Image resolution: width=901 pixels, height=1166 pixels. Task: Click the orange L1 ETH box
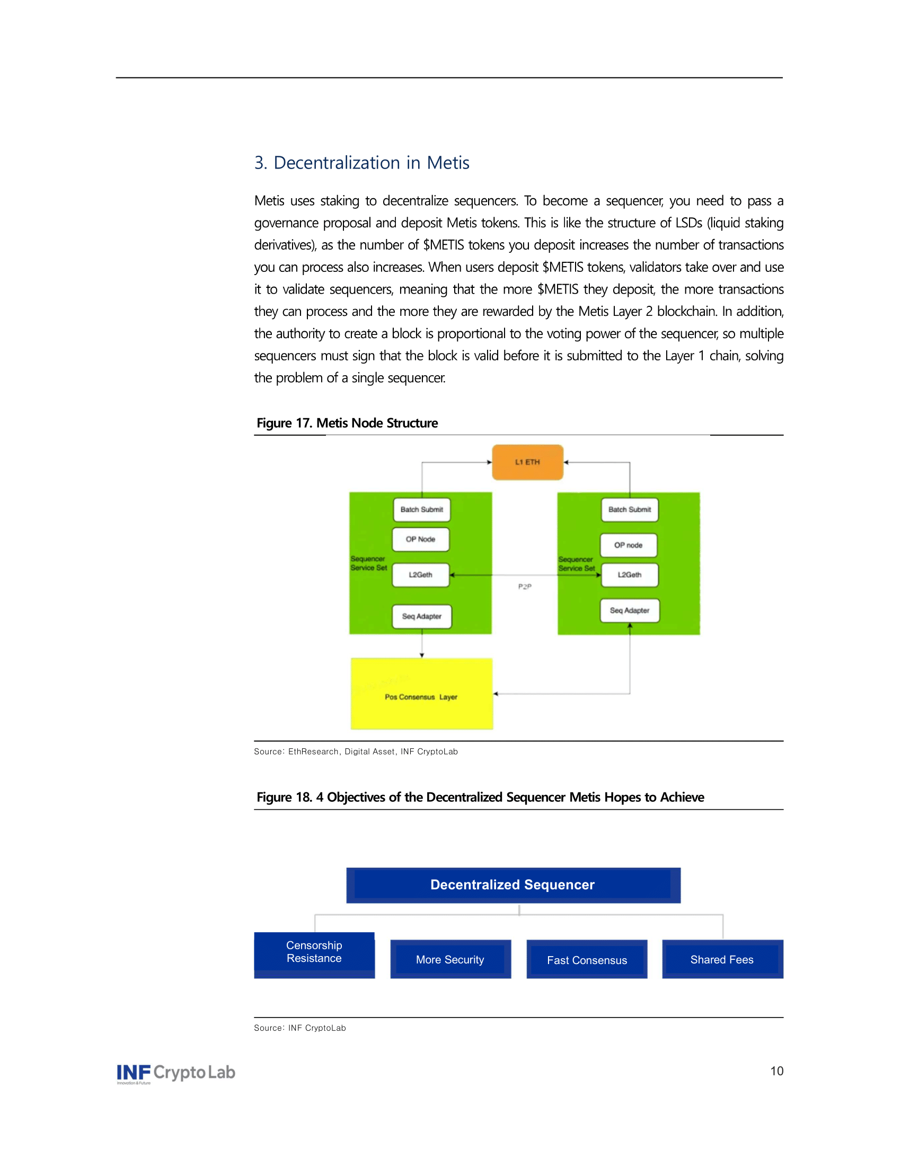[527, 462]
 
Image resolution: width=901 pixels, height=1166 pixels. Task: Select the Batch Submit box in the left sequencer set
[422, 509]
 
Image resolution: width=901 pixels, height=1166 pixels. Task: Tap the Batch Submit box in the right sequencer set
[629, 509]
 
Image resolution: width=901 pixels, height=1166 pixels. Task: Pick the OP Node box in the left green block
[421, 539]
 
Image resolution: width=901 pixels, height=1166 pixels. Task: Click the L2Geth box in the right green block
[629, 575]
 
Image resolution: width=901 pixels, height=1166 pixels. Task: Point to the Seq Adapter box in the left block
[422, 616]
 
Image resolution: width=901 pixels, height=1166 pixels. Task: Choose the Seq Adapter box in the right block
[629, 610]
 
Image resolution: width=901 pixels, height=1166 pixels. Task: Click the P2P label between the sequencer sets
[525, 586]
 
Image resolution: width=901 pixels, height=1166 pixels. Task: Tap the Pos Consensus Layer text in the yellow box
[421, 697]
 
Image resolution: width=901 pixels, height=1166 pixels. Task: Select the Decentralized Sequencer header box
[513, 885]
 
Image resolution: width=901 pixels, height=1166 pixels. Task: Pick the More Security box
[450, 959]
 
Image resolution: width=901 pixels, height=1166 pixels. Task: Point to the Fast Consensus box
[587, 960]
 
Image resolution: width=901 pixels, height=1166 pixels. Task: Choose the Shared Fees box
[722, 959]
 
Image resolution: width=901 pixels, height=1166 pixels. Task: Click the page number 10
[776, 1071]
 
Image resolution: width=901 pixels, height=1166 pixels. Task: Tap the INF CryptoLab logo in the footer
[176, 1073]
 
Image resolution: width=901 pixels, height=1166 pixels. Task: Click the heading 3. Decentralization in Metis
[361, 163]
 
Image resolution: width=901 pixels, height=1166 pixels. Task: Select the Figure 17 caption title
[347, 423]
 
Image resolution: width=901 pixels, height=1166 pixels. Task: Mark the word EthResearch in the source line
[313, 752]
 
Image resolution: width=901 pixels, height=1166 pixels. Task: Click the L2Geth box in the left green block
[421, 575]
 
